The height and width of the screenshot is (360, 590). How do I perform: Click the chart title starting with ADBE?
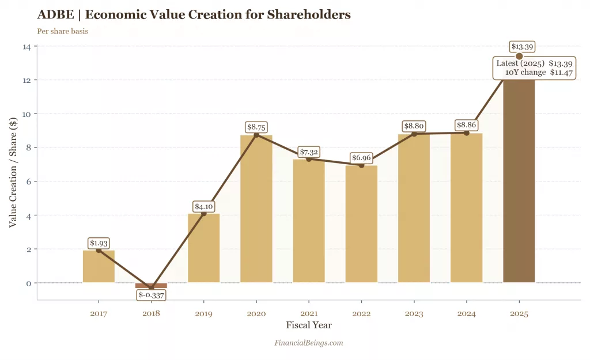point(194,15)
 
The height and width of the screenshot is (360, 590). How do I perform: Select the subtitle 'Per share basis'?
point(62,31)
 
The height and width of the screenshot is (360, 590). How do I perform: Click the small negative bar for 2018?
point(151,286)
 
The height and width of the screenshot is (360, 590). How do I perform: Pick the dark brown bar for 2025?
point(519,184)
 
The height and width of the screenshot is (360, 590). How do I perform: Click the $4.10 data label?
point(203,206)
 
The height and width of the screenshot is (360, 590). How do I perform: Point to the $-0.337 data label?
point(152,295)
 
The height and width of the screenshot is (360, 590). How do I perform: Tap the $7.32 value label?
point(309,152)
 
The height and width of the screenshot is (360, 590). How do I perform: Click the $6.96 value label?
point(361,158)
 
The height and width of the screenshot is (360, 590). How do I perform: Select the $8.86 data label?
point(466,125)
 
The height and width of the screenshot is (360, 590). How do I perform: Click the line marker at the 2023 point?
point(414,134)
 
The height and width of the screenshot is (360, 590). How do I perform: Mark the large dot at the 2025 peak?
point(519,56)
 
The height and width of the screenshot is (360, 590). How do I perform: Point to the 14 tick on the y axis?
point(27,47)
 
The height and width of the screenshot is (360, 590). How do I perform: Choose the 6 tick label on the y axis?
point(28,182)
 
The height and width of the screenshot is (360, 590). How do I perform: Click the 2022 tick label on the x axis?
point(361,314)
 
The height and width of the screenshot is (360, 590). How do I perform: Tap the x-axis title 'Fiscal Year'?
point(309,325)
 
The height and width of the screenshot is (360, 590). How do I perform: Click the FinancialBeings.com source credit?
point(309,343)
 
